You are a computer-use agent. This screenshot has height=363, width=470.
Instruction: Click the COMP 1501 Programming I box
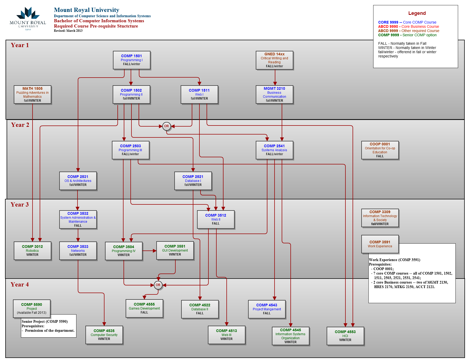131,60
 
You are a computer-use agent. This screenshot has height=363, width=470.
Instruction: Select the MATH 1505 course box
32,95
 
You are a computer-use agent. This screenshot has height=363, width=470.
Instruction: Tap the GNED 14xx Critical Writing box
274,60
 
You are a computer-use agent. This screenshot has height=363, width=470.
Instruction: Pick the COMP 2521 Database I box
193,181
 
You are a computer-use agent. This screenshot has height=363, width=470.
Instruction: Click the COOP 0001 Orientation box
380,150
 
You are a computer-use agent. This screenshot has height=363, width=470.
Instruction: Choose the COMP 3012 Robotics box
32,250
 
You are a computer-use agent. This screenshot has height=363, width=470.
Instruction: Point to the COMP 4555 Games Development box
144,308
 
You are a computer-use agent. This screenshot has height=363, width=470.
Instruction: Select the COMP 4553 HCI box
345,336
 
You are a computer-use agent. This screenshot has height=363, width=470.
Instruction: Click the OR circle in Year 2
166,126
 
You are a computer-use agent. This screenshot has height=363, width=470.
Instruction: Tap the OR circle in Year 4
158,285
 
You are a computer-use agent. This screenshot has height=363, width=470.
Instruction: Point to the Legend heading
417,13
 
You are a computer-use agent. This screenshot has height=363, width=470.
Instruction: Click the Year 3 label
20,204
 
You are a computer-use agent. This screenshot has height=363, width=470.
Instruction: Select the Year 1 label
20,45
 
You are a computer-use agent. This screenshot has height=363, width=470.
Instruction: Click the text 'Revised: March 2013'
68,31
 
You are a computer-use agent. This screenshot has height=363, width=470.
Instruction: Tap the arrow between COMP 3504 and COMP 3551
149,250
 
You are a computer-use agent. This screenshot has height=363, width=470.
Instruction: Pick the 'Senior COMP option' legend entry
407,35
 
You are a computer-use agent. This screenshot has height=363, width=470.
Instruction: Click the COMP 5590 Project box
32,308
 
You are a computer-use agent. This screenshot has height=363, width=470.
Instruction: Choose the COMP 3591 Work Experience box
380,244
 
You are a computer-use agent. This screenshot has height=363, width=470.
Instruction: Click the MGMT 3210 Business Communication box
274,95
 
